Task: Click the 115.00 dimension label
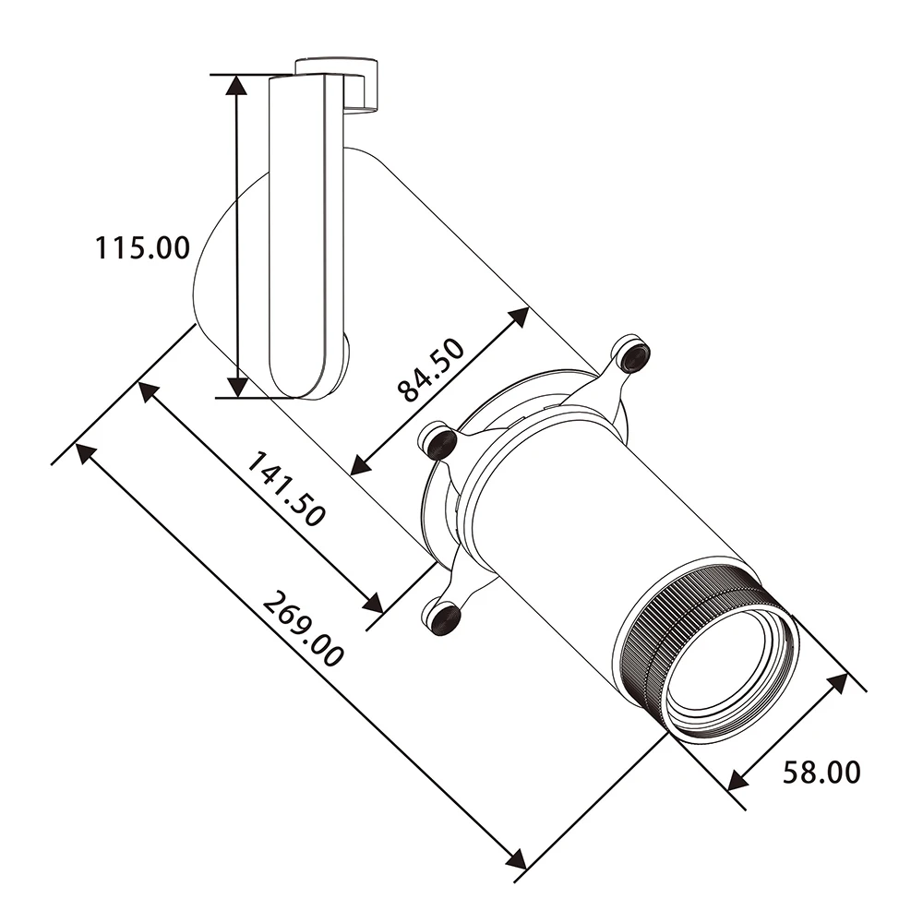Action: pos(143,247)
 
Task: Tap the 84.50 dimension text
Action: pos(431,371)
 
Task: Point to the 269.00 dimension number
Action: pos(303,629)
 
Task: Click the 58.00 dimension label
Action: pos(821,773)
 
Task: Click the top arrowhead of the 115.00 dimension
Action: pos(236,85)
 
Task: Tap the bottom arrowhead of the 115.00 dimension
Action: pos(236,387)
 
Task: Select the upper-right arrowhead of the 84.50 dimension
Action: pos(518,316)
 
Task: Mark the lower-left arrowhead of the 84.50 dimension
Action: pos(361,464)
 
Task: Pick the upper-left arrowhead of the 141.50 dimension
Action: pos(149,392)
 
